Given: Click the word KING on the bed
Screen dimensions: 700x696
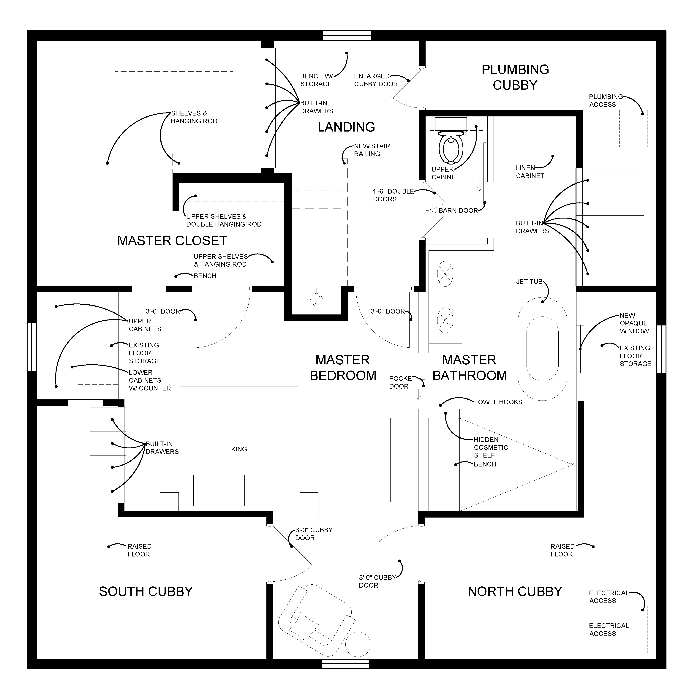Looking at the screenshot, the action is coord(239,449).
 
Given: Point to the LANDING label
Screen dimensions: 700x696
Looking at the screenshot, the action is coord(346,127).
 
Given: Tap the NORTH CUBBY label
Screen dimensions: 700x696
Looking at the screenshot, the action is coord(515,592).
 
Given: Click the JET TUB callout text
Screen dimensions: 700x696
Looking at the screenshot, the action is coord(529,282).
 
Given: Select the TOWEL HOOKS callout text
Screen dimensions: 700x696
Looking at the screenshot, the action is coord(498,402).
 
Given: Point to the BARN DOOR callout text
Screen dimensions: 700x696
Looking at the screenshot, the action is coord(458,211).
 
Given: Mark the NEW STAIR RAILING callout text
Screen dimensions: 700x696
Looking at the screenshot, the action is coord(372,150).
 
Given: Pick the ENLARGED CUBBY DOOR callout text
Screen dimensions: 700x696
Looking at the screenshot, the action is coord(376,80).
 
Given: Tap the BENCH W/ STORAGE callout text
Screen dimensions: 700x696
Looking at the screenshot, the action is coord(316,80).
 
